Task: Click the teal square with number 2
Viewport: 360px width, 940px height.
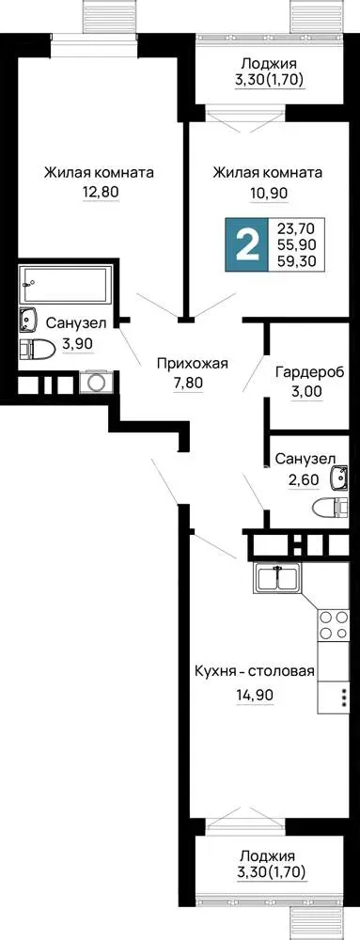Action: pos(247,243)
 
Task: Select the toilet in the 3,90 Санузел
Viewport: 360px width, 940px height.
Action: pos(38,349)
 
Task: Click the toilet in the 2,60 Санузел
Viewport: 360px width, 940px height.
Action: pos(329,508)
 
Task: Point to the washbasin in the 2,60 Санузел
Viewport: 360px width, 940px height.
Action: pos(338,478)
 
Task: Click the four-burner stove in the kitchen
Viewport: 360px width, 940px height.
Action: pos(333,624)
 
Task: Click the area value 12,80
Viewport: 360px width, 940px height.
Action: pos(101,193)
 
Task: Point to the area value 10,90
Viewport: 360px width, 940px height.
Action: pos(268,193)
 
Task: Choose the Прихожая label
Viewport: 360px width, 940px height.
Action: pos(185,363)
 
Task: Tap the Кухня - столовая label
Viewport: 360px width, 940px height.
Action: pos(255,671)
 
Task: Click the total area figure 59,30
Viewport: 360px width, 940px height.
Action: pos(299,259)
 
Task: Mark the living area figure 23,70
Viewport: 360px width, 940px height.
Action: pos(299,227)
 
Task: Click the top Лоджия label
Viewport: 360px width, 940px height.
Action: pos(268,62)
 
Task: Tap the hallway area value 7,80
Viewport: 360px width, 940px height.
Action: pos(185,384)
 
